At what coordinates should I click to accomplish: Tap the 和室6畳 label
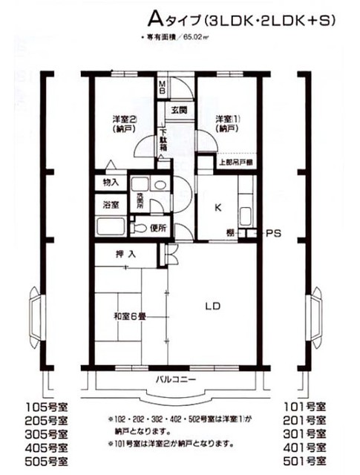129,315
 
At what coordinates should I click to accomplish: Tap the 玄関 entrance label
179,110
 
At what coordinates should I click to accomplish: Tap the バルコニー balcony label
175,379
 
